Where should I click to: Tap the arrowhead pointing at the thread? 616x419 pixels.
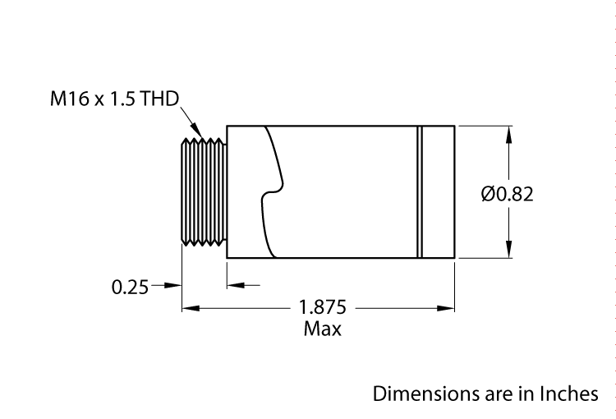199,132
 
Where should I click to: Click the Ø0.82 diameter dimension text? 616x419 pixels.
507,195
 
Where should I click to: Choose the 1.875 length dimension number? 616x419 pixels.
323,308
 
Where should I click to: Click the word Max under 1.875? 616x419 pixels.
323,329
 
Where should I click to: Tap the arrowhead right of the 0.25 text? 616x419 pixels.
173,286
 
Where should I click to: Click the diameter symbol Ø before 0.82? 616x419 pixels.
487,195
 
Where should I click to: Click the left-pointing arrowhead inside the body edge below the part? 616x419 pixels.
234,286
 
